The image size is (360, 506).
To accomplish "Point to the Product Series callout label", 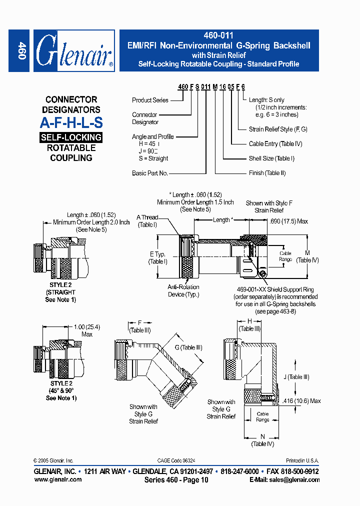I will pos(150,100).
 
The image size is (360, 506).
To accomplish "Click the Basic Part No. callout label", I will pos(149,173).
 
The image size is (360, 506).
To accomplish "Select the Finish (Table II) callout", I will pos(267,173).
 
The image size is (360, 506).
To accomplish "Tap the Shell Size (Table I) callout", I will pos(271,158).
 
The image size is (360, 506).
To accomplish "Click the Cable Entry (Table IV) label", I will pos(275,144).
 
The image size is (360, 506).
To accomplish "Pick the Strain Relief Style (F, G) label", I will pos(278,129).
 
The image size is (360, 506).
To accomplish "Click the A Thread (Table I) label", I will pos(147,220).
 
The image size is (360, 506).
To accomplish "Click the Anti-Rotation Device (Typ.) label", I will pos(183,290).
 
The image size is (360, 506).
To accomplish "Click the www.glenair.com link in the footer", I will pos(57,479).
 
